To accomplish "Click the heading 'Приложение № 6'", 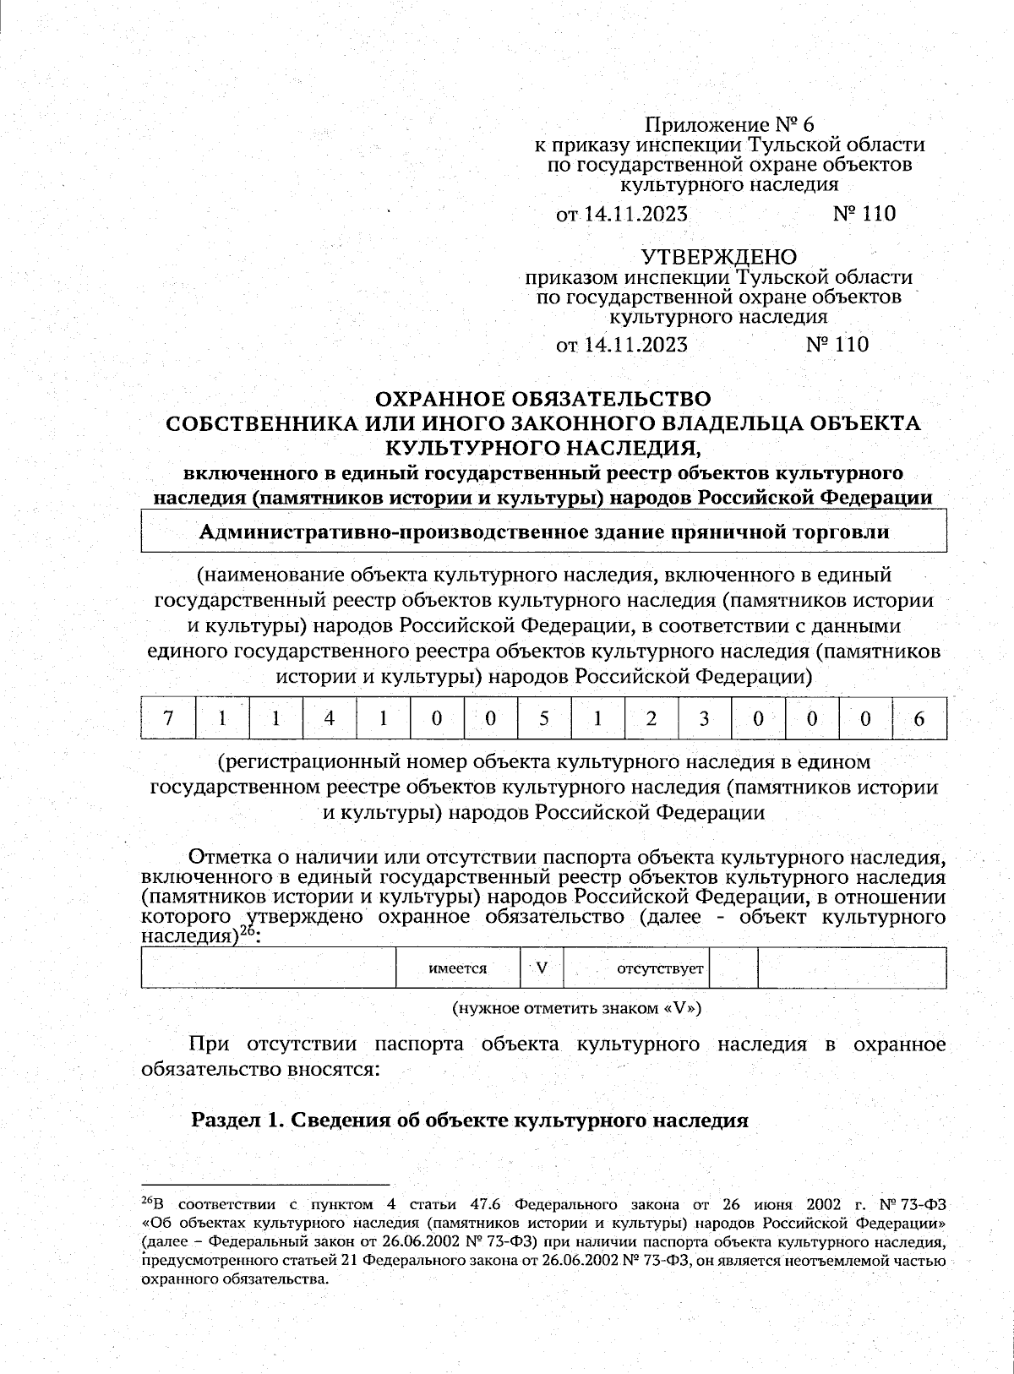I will click(729, 125).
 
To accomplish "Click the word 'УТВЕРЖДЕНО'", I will click(718, 256).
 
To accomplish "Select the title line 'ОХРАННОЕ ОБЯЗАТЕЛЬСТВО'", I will click(542, 398).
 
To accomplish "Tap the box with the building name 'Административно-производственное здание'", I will click(543, 532).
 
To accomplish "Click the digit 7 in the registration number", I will click(168, 718).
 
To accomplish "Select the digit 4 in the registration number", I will click(329, 718).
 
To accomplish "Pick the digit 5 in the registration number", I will click(543, 718).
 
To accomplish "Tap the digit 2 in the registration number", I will click(651, 718).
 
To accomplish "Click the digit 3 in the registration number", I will click(704, 718).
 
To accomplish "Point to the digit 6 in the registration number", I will click(919, 718).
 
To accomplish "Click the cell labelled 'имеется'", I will click(458, 968).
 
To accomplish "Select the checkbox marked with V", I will click(542, 968).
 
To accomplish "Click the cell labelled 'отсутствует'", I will click(660, 968).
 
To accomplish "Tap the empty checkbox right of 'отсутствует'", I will click(733, 968).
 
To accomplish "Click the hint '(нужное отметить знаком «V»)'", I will click(576, 1008).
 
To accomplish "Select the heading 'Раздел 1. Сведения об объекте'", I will click(470, 1120).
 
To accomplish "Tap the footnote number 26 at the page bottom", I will click(147, 1201).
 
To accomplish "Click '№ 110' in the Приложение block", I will click(864, 214).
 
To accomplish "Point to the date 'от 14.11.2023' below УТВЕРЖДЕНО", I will click(622, 345).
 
